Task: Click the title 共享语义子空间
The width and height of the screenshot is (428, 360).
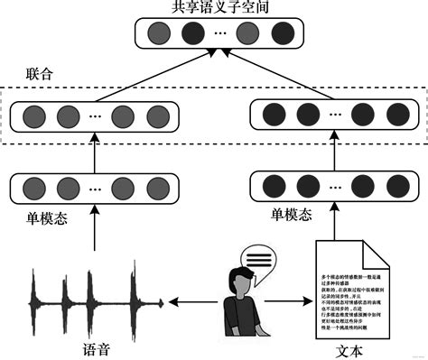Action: click(x=214, y=8)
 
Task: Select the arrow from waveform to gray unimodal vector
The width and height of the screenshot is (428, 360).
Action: click(x=95, y=230)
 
